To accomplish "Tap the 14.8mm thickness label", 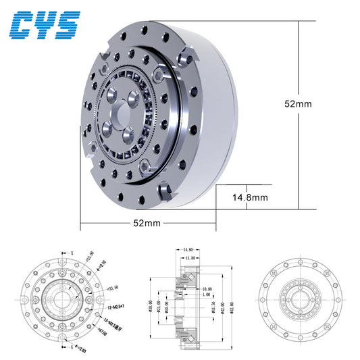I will [249, 198].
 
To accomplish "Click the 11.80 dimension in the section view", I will [190, 257].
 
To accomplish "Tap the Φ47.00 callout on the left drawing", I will [102, 332].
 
